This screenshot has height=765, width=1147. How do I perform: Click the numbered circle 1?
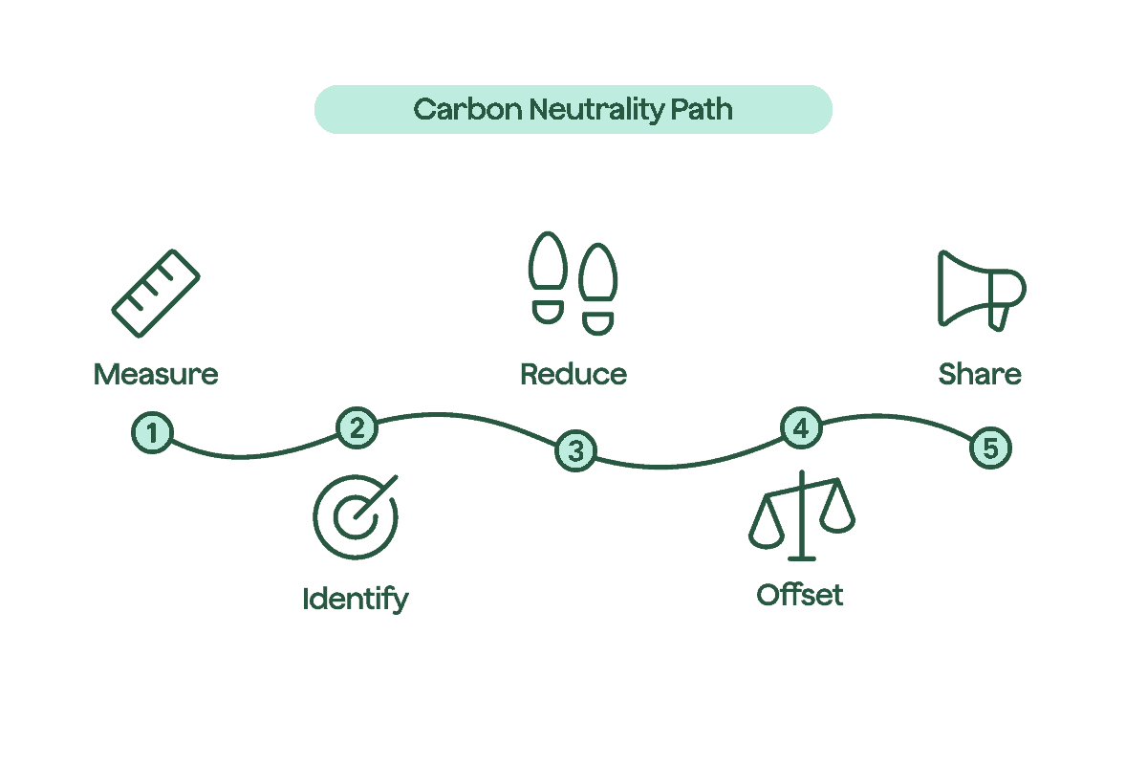pyautogui.click(x=152, y=433)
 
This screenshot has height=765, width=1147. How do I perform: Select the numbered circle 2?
pyautogui.click(x=357, y=427)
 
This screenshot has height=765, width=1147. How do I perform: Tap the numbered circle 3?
pyautogui.click(x=575, y=451)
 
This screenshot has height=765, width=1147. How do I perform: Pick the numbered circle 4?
pyautogui.click(x=801, y=428)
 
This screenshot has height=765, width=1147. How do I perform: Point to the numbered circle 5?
pyautogui.click(x=990, y=448)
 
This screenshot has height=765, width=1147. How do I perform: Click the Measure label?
pyautogui.click(x=156, y=374)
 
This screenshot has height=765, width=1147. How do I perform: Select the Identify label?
pyautogui.click(x=355, y=600)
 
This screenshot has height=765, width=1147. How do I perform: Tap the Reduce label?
pyautogui.click(x=573, y=374)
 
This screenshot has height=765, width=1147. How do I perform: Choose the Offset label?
pyautogui.click(x=800, y=596)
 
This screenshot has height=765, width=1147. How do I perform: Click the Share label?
pyautogui.click(x=980, y=374)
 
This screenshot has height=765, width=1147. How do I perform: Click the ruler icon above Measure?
pyautogui.click(x=156, y=294)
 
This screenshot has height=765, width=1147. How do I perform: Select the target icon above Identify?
pyautogui.click(x=356, y=517)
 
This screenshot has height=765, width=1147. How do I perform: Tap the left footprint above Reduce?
pyautogui.click(x=549, y=277)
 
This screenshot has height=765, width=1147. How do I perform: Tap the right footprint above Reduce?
pyautogui.click(x=599, y=287)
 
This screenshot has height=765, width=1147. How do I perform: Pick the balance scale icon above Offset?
pyautogui.click(x=802, y=516)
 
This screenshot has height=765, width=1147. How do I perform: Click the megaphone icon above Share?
pyautogui.click(x=979, y=290)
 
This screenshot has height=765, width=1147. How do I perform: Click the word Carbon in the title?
pyautogui.click(x=467, y=109)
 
